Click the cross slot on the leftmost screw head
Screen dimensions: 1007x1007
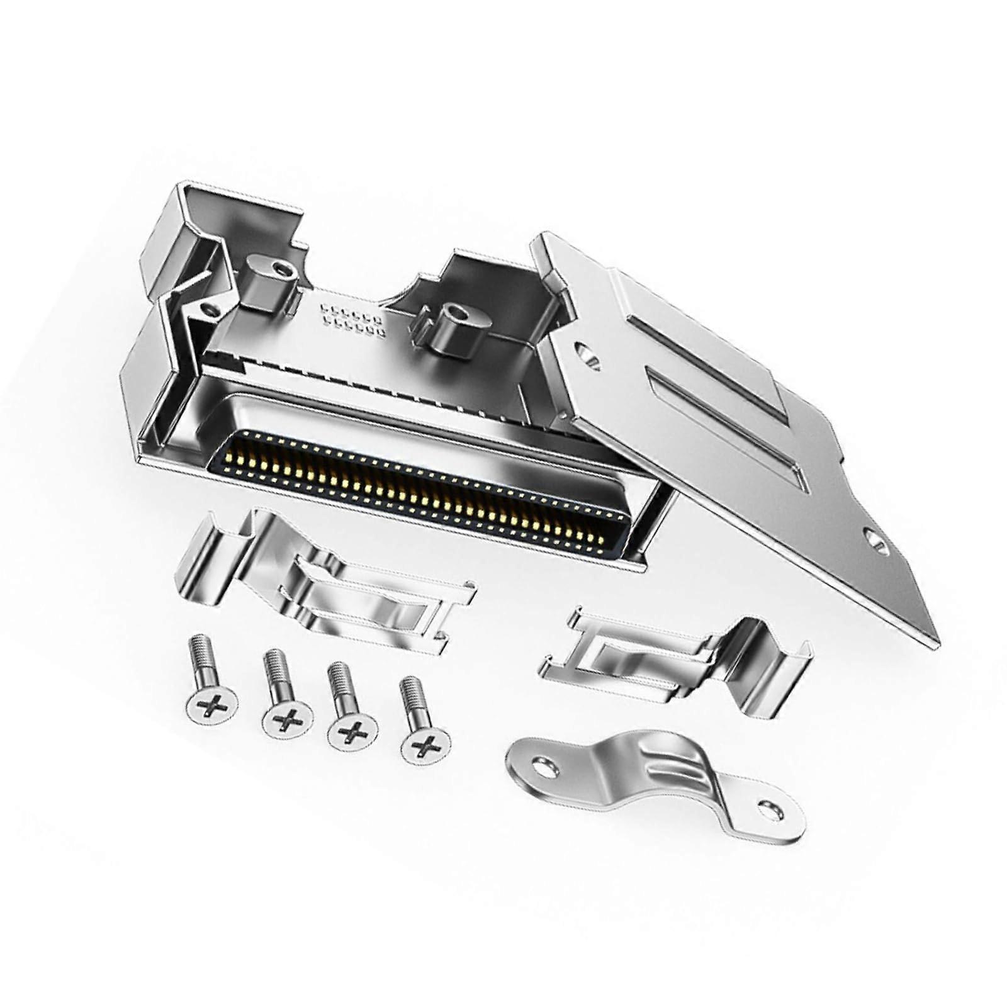[x=213, y=706]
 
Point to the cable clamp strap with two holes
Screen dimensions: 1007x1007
[x=655, y=780]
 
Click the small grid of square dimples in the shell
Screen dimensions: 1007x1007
[x=352, y=318]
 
